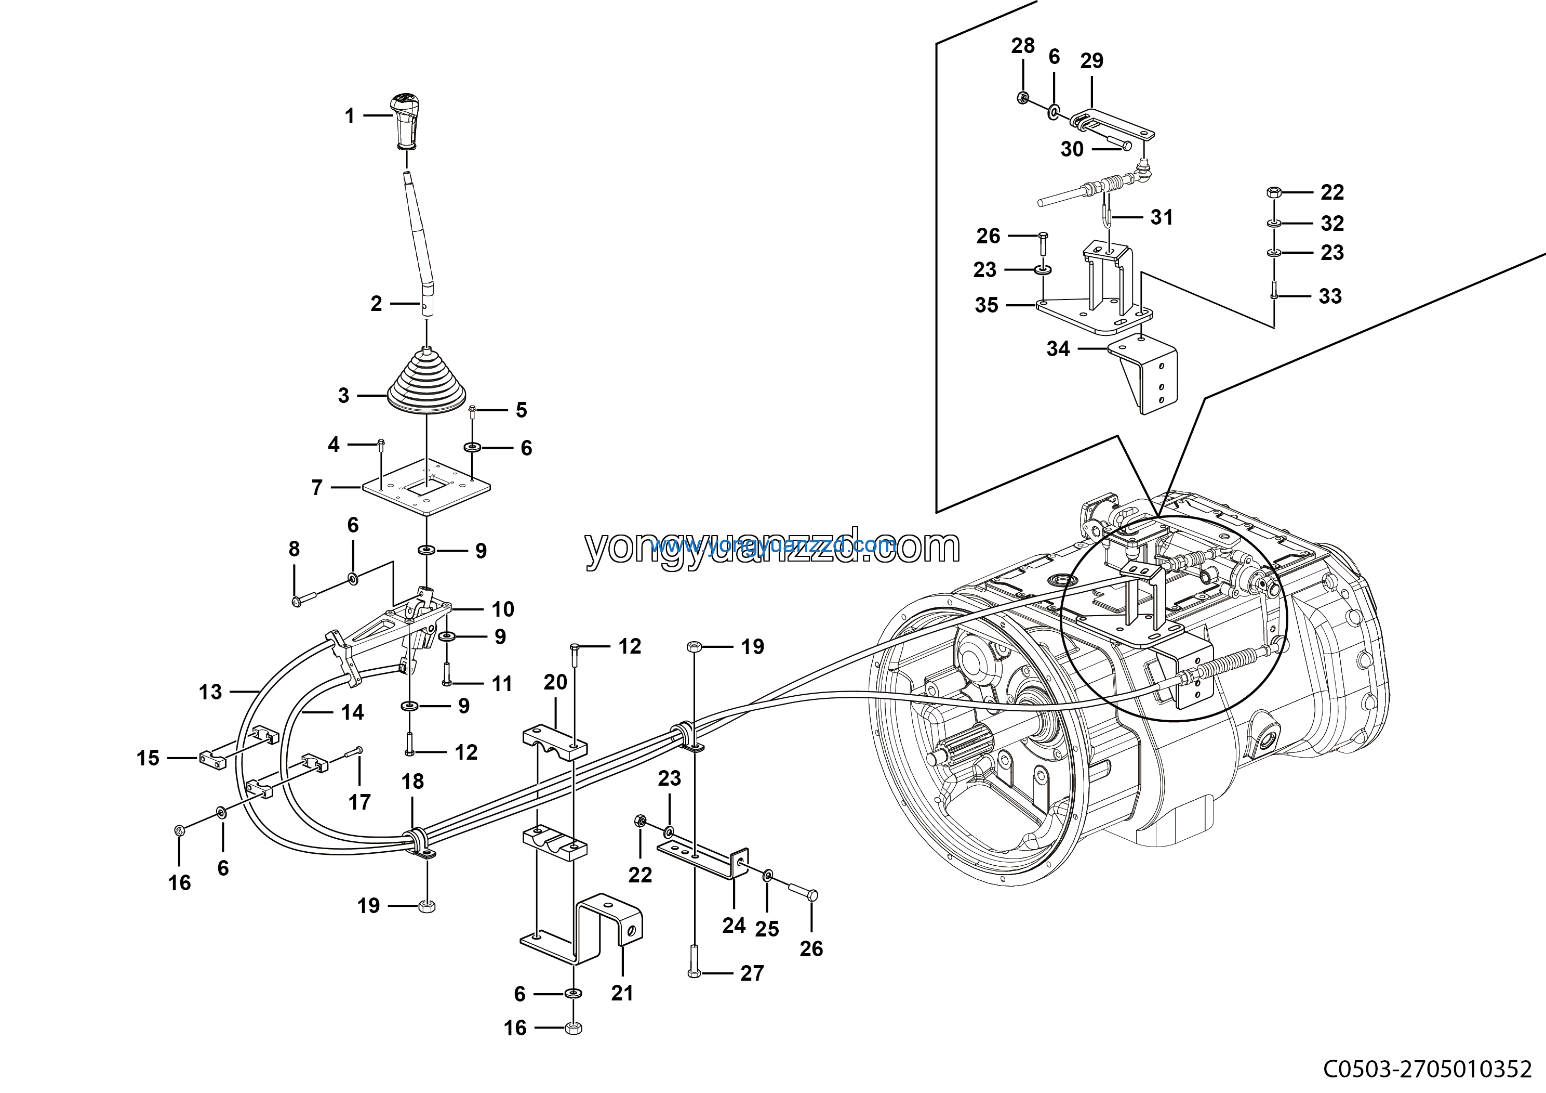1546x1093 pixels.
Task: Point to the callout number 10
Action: coord(503,609)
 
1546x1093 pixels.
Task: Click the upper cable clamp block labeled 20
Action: coord(555,741)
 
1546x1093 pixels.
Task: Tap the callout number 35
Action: coord(987,305)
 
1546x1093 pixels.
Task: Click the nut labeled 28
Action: coord(1022,98)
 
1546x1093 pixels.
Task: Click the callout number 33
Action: coord(1330,296)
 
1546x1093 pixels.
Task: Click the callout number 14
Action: coord(352,712)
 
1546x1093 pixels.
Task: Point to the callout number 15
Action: coord(148,758)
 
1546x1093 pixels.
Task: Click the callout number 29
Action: coord(1091,61)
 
